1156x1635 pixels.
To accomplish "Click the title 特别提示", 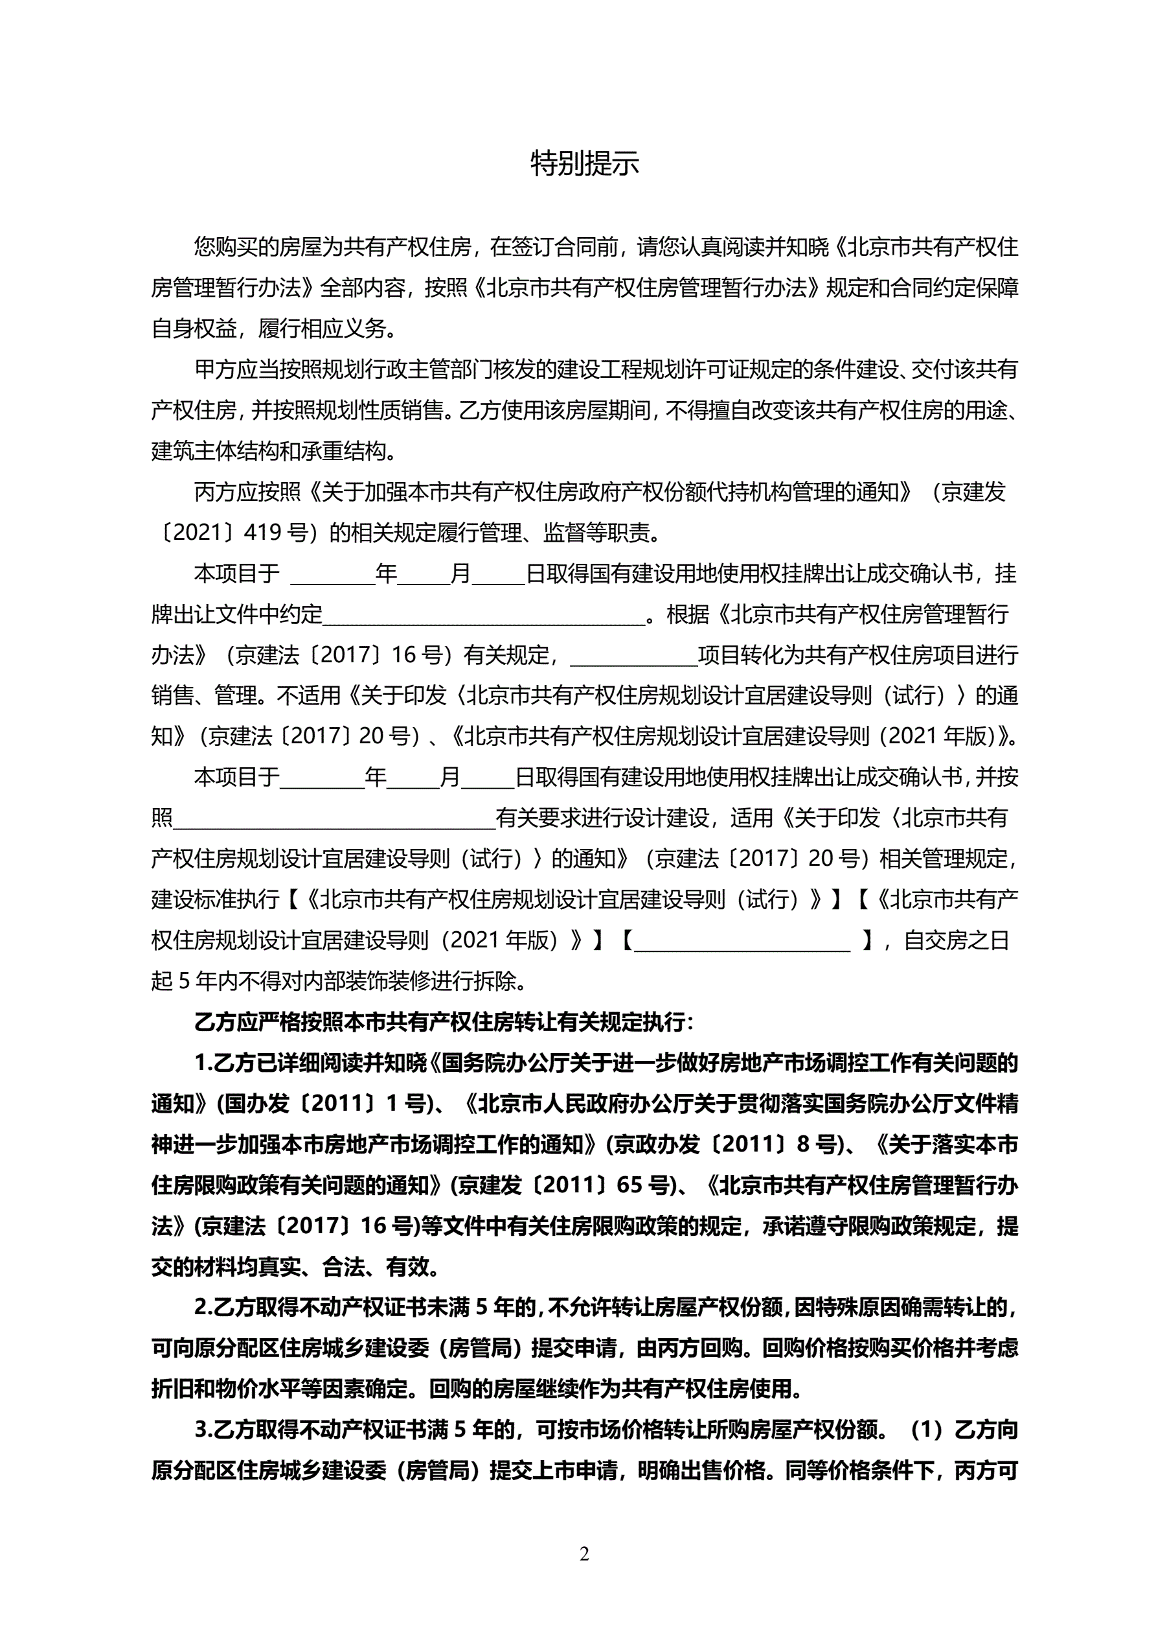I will pos(584,164).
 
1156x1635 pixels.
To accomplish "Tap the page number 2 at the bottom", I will pos(584,1554).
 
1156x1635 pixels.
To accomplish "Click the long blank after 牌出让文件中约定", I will pos(484,614).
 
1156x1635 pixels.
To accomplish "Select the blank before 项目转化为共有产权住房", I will pos(633,655).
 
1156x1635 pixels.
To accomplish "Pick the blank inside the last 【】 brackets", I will pos(742,941).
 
